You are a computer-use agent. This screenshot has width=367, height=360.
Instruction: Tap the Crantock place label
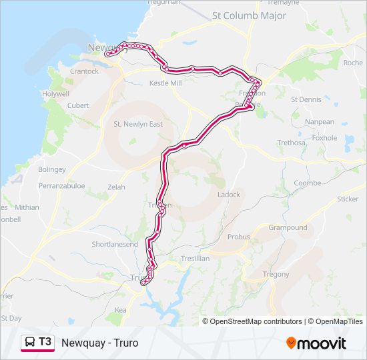(84, 71)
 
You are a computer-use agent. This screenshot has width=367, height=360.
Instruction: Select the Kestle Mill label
(165, 83)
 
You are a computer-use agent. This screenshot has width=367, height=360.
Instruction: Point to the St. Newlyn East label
(138, 124)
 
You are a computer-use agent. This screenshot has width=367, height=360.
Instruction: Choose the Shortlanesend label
(115, 245)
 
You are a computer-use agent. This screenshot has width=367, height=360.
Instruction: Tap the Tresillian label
(195, 258)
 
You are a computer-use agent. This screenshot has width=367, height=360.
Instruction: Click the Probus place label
(238, 237)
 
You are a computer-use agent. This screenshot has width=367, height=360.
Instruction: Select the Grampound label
(288, 227)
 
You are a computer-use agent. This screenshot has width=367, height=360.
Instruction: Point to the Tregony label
(276, 274)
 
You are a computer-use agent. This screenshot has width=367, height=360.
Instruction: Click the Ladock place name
(229, 195)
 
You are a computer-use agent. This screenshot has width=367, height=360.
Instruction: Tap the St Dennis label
(306, 99)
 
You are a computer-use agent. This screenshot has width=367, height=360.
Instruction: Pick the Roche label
(352, 63)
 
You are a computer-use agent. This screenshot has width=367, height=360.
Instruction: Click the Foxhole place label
(324, 138)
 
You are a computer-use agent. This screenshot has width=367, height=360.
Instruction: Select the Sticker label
(347, 199)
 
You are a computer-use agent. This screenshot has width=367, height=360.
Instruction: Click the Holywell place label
(55, 94)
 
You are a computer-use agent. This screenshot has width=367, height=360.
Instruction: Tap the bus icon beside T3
(30, 343)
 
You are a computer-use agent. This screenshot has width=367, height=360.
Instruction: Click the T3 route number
(45, 342)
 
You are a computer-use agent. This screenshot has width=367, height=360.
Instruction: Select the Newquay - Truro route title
(99, 343)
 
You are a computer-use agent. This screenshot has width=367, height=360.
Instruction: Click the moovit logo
(316, 343)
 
